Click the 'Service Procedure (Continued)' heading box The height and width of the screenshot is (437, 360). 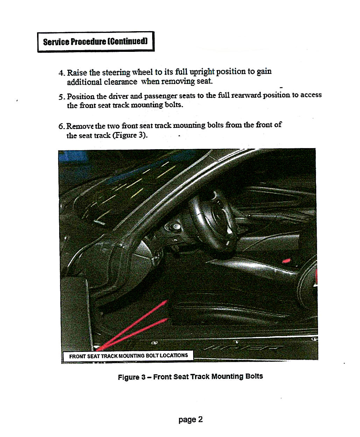point(96,42)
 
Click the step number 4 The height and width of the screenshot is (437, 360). point(61,73)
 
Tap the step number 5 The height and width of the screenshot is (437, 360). point(61,97)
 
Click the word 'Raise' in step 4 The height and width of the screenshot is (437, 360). point(77,72)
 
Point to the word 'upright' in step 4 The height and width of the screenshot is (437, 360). point(202,72)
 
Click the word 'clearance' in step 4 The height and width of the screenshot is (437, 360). point(120,82)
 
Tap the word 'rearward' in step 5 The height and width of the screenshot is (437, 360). point(246,95)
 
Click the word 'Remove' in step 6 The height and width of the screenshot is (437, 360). point(80,126)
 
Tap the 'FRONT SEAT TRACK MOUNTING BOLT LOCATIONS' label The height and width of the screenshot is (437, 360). point(128,356)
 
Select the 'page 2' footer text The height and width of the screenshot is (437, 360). point(190,419)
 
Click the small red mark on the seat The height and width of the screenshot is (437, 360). point(286,261)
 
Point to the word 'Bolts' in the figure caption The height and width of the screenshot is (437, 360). point(254,376)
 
